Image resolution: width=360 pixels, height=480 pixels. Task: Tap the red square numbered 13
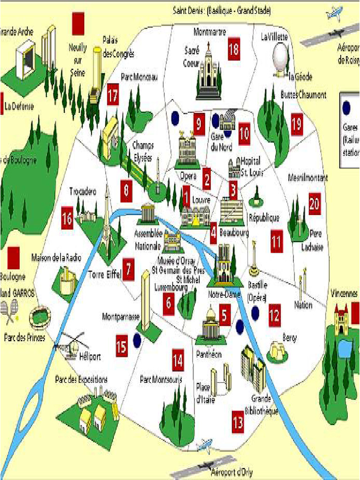[238, 423]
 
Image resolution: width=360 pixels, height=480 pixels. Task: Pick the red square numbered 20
[315, 204]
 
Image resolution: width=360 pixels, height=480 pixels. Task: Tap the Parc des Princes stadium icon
[40, 318]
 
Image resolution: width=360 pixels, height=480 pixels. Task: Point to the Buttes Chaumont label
[303, 95]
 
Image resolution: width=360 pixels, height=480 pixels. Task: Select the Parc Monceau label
[139, 76]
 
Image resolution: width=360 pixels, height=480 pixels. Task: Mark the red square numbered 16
[67, 219]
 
